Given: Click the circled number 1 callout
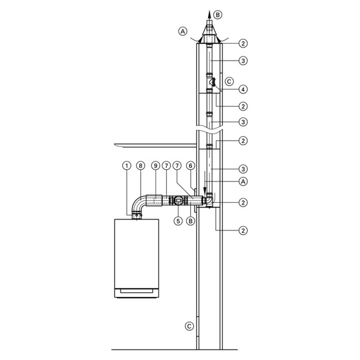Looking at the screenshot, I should (127, 165).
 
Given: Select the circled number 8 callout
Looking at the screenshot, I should (140, 165).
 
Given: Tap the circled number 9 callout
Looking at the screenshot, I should (155, 165).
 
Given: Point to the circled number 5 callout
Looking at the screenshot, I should (178, 221).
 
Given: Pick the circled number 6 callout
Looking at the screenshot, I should (191, 165).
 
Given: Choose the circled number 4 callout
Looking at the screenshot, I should (243, 89).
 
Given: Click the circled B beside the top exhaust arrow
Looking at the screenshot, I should (218, 14).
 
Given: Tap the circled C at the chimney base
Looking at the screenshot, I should (190, 326).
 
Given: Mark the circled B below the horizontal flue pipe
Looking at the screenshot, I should (191, 221).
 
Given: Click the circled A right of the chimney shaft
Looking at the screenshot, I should (243, 180).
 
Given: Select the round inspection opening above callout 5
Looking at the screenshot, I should (178, 200).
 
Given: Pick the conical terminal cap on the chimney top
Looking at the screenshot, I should (209, 35).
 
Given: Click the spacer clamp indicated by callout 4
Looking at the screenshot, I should (213, 82).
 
